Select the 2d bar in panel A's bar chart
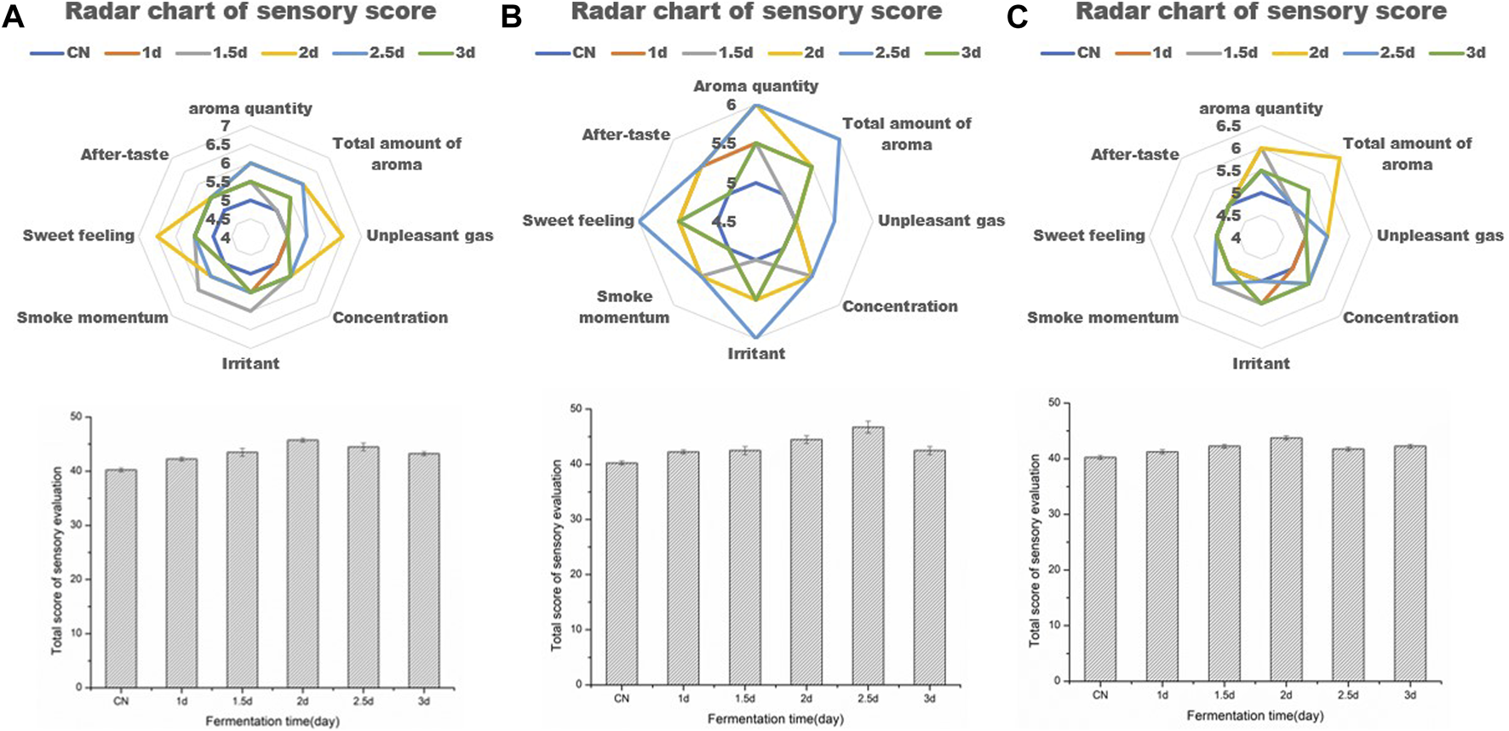[x=302, y=562]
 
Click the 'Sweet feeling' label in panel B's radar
[x=578, y=220]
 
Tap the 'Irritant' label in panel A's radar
[x=250, y=363]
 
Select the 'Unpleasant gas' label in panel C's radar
[x=1440, y=236]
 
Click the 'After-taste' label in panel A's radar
[x=124, y=154]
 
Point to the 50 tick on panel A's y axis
[x=77, y=416]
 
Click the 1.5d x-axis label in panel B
[x=745, y=699]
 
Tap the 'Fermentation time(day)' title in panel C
[x=1254, y=716]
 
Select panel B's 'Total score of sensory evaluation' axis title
[x=557, y=555]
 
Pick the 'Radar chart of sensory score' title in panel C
[x=1260, y=12]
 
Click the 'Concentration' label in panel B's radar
[x=899, y=306]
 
